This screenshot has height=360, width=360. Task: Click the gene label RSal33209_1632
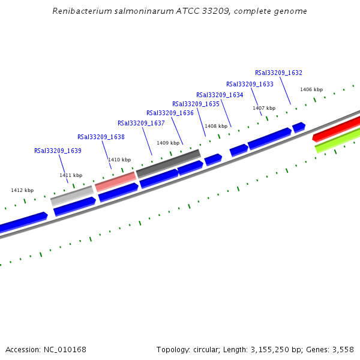click(x=278, y=73)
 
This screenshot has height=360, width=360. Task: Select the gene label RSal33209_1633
click(x=250, y=84)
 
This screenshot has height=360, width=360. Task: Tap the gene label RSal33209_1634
click(x=220, y=95)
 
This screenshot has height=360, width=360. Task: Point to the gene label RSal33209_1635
click(x=196, y=104)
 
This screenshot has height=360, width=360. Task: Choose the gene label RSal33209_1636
click(x=170, y=113)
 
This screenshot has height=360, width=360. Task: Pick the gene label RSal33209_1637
click(x=141, y=123)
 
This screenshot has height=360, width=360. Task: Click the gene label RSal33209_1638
click(x=101, y=137)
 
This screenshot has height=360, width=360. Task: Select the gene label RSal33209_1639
click(x=58, y=151)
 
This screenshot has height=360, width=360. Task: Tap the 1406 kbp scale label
click(x=311, y=89)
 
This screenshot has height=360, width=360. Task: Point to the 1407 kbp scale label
click(x=264, y=108)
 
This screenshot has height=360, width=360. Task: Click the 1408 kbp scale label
click(x=216, y=126)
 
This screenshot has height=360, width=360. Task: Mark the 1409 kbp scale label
click(x=168, y=143)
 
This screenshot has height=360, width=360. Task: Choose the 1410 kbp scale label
click(x=119, y=160)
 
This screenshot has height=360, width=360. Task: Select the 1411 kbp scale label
click(x=71, y=175)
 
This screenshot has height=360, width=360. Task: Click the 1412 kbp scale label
click(x=22, y=190)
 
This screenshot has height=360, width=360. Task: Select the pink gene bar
click(x=115, y=181)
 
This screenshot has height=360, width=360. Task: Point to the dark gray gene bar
click(x=169, y=163)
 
